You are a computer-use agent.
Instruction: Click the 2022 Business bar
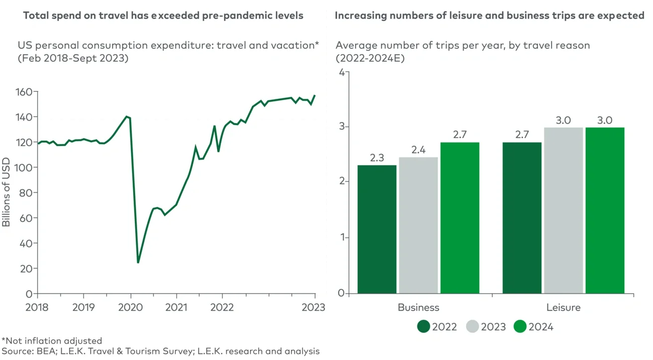pos(377,229)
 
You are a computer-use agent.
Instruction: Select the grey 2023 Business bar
pos(418,225)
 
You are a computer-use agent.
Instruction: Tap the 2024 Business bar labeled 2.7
pos(460,217)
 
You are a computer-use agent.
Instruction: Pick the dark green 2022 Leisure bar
pos(522,217)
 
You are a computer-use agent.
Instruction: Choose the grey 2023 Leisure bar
pos(563,210)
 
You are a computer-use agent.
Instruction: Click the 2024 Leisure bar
pos(605,210)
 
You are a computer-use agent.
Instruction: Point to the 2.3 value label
pos(377,158)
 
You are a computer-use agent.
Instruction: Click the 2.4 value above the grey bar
pos(418,150)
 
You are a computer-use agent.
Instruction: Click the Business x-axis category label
pos(418,307)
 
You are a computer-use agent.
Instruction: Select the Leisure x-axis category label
pos(563,307)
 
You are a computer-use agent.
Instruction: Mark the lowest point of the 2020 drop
pos(138,262)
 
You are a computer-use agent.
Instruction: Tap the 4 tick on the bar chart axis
pos(342,72)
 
